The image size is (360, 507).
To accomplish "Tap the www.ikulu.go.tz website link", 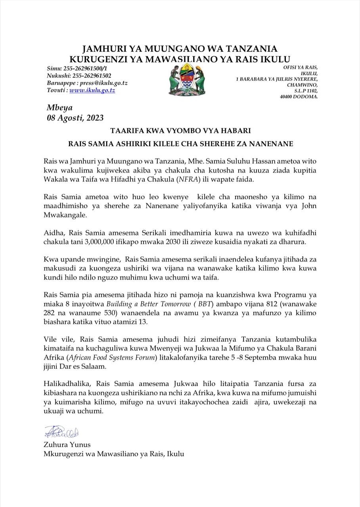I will [x=92, y=90].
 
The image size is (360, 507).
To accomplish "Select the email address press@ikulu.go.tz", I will [x=104, y=83].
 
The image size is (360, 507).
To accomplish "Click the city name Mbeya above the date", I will [x=59, y=108].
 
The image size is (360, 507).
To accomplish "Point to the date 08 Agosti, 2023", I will [x=75, y=118].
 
